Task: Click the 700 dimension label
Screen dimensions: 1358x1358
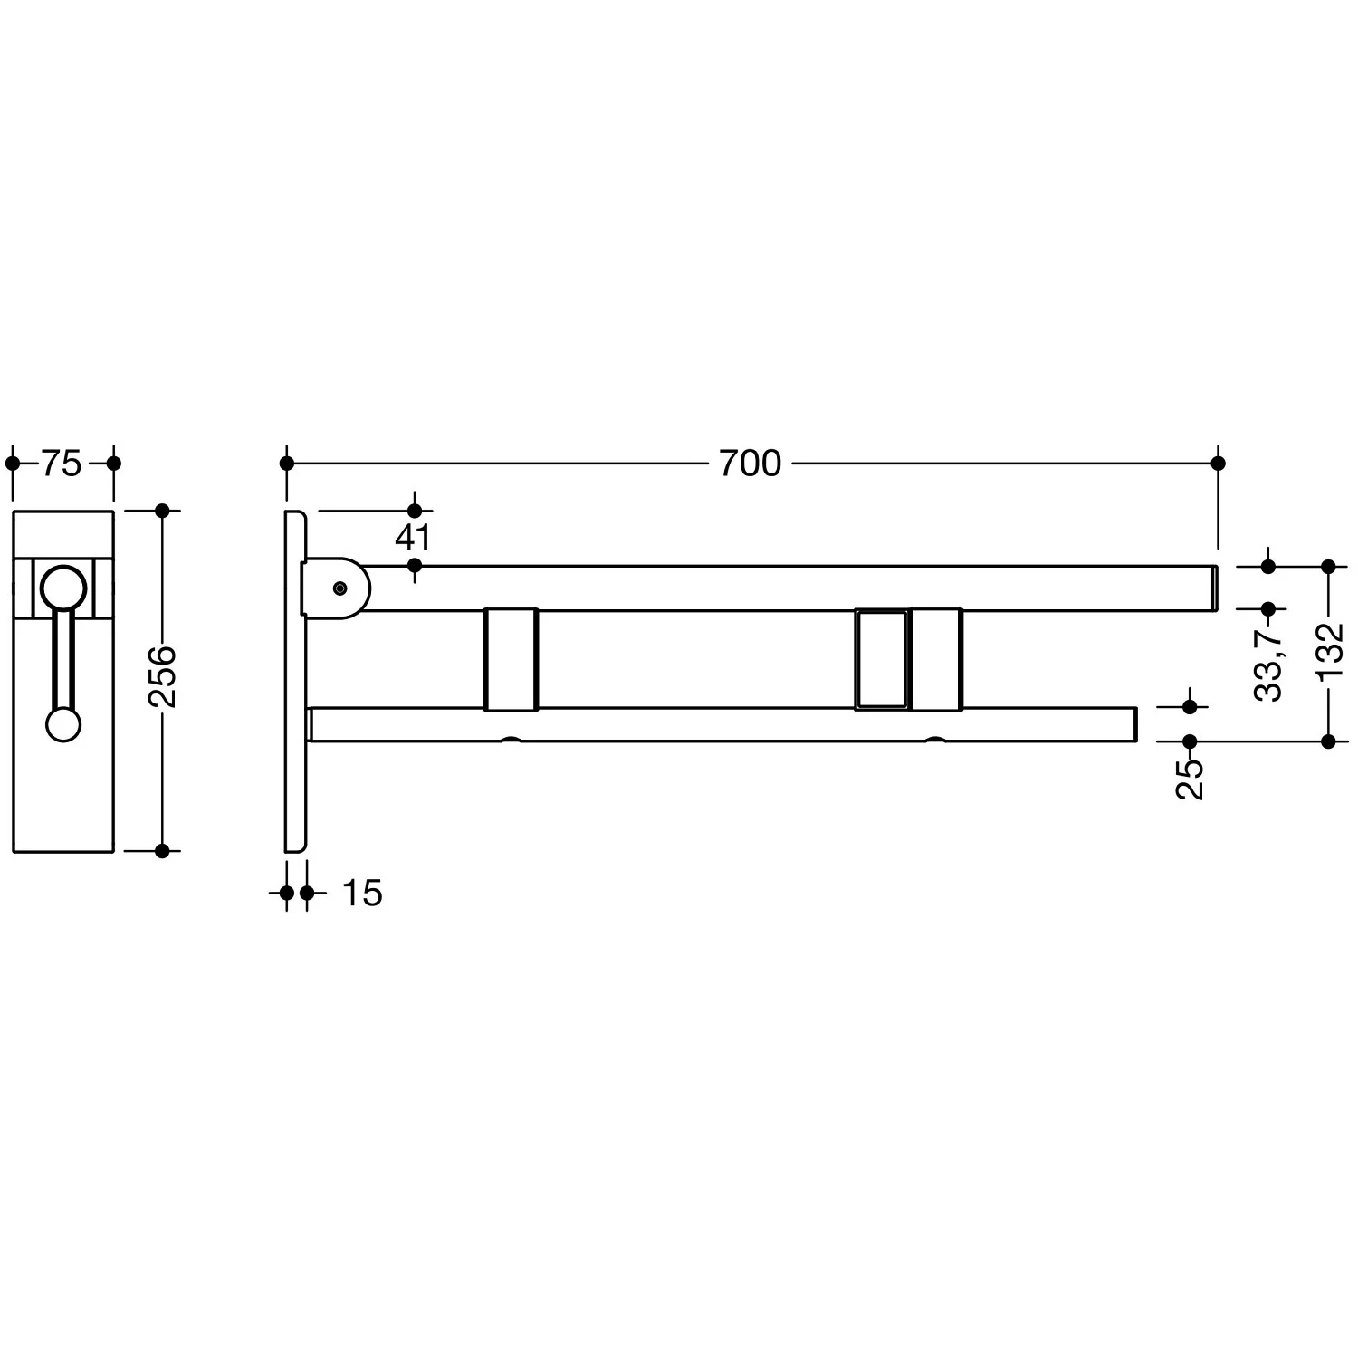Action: [750, 464]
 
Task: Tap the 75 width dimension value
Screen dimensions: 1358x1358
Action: [62, 464]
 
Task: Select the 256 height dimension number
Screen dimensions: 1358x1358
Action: [163, 676]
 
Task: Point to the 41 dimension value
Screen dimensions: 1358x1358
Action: [413, 538]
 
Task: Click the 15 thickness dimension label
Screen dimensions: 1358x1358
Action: [362, 894]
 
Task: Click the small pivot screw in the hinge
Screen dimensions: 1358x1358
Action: [339, 588]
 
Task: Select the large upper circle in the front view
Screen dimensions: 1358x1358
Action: [63, 588]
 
